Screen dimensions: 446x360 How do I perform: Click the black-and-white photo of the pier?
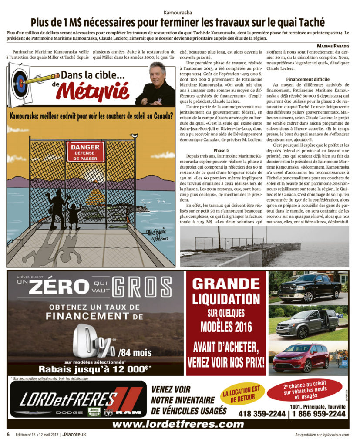click(x=264, y=246)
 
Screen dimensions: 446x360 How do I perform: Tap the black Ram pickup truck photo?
click(x=308, y=287)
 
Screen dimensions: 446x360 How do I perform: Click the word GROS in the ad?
click(x=141, y=288)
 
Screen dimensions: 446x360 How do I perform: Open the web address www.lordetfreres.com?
click(x=178, y=424)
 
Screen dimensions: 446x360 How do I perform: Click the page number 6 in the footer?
click(x=8, y=435)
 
